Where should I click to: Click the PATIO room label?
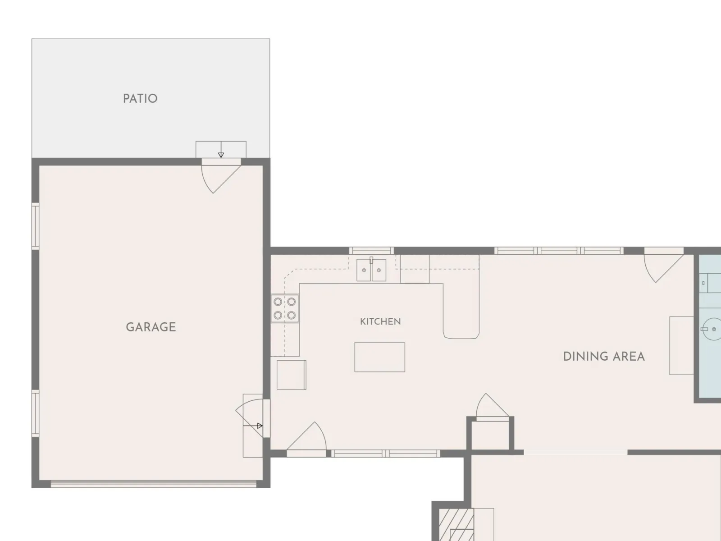pyautogui.click(x=140, y=99)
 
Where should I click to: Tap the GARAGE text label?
pyautogui.click(x=151, y=327)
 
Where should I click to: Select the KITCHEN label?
pyautogui.click(x=380, y=321)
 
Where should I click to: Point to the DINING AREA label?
pyautogui.click(x=604, y=357)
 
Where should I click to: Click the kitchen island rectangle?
pyautogui.click(x=380, y=357)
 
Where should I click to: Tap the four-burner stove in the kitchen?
pyautogui.click(x=285, y=308)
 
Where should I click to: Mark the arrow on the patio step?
pyautogui.click(x=221, y=150)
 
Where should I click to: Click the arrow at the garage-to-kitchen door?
pyautogui.click(x=253, y=426)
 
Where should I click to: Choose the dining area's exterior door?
pyautogui.click(x=664, y=265)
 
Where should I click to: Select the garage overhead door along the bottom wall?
pyautogui.click(x=153, y=483)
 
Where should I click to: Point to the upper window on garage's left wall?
pyautogui.click(x=36, y=226)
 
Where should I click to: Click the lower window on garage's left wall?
pyautogui.click(x=36, y=413)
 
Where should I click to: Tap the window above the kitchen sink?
pyautogui.click(x=371, y=251)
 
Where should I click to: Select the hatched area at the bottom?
pyautogui.click(x=456, y=525)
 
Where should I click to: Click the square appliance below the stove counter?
pyautogui.click(x=292, y=375)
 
